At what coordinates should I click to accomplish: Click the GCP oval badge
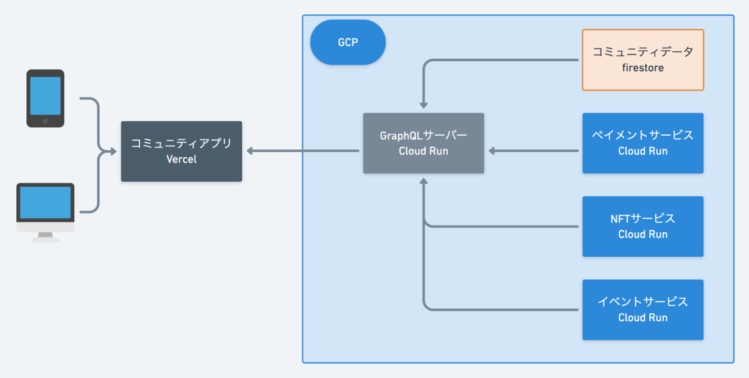[348, 42]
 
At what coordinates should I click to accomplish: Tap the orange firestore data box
[643, 60]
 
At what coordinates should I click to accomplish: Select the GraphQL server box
[423, 143]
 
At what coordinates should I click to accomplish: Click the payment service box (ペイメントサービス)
[643, 143]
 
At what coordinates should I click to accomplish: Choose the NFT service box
[643, 226]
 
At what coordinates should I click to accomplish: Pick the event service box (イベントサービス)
[643, 310]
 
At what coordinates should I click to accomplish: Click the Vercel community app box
[182, 151]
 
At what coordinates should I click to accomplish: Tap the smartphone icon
[46, 99]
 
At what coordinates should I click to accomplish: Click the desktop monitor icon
[46, 212]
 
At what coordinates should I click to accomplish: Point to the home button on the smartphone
[46, 121]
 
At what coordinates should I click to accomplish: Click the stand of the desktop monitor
[46, 237]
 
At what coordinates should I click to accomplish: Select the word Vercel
[182, 159]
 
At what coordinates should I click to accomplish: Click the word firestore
[643, 68]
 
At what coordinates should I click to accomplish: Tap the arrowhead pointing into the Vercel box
[250, 151]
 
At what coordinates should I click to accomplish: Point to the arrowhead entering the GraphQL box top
[424, 106]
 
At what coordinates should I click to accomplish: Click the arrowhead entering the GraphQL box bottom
[424, 181]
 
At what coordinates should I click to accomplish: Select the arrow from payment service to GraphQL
[534, 151]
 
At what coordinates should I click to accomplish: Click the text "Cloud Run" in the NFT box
[643, 234]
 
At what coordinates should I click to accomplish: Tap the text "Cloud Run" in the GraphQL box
[423, 151]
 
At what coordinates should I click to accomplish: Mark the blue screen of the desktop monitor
[46, 202]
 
